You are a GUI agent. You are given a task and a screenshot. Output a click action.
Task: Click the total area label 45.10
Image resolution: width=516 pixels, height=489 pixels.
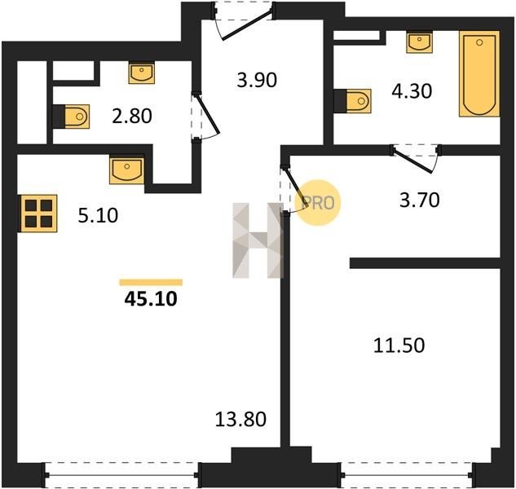[151, 299]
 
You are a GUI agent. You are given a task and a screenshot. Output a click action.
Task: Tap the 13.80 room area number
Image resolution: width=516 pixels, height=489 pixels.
[240, 420]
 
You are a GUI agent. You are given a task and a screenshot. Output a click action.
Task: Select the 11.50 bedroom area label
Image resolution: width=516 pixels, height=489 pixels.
[399, 346]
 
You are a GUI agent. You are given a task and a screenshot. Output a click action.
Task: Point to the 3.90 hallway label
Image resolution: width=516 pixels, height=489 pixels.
[257, 81]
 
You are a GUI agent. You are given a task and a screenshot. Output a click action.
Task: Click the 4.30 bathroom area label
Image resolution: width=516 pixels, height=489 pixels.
[412, 91]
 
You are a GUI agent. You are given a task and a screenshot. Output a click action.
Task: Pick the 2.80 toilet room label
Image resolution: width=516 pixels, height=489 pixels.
[132, 117]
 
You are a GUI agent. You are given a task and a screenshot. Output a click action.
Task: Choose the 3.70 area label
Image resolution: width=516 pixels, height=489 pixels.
[420, 200]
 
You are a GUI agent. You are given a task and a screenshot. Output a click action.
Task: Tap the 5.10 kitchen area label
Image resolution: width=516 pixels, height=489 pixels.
[98, 216]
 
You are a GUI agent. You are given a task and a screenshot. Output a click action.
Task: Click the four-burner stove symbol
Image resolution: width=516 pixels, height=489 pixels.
[38, 214]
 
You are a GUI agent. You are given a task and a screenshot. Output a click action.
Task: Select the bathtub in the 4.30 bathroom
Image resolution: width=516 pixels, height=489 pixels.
[479, 74]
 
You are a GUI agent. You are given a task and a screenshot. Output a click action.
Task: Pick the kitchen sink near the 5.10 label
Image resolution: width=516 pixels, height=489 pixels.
[126, 170]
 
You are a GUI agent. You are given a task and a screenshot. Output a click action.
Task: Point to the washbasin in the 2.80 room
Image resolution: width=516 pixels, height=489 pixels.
[142, 73]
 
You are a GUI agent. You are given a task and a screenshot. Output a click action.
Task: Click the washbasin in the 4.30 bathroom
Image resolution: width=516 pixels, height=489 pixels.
[419, 42]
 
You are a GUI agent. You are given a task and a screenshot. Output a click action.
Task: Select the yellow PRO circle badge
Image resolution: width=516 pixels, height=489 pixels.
[318, 203]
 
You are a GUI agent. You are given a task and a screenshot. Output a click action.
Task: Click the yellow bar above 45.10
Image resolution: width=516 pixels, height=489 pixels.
[151, 282]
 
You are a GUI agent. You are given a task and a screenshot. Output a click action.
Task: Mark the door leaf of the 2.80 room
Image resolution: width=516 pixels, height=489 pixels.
[207, 114]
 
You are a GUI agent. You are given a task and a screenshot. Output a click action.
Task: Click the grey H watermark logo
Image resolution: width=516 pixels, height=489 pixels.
[258, 240]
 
